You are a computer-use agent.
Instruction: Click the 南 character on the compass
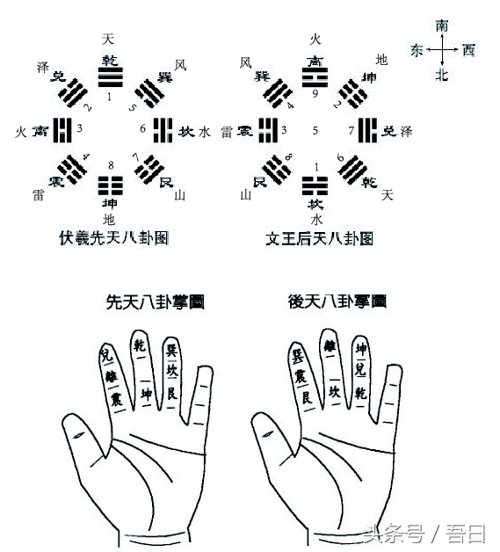click(441, 27)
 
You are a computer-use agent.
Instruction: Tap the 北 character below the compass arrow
click(441, 76)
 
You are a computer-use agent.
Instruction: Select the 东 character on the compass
click(417, 51)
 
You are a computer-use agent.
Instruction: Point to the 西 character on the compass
click(468, 51)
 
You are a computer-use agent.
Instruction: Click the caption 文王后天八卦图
click(319, 237)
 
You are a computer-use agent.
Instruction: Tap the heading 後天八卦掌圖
click(337, 301)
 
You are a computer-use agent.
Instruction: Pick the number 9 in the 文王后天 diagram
click(314, 93)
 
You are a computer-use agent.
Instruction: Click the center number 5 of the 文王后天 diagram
click(314, 131)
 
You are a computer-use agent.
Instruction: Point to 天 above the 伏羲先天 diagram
click(108, 39)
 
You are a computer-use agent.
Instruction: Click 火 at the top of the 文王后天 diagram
click(315, 39)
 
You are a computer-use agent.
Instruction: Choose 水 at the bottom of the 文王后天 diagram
click(315, 218)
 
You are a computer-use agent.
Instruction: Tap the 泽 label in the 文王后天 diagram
click(406, 132)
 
